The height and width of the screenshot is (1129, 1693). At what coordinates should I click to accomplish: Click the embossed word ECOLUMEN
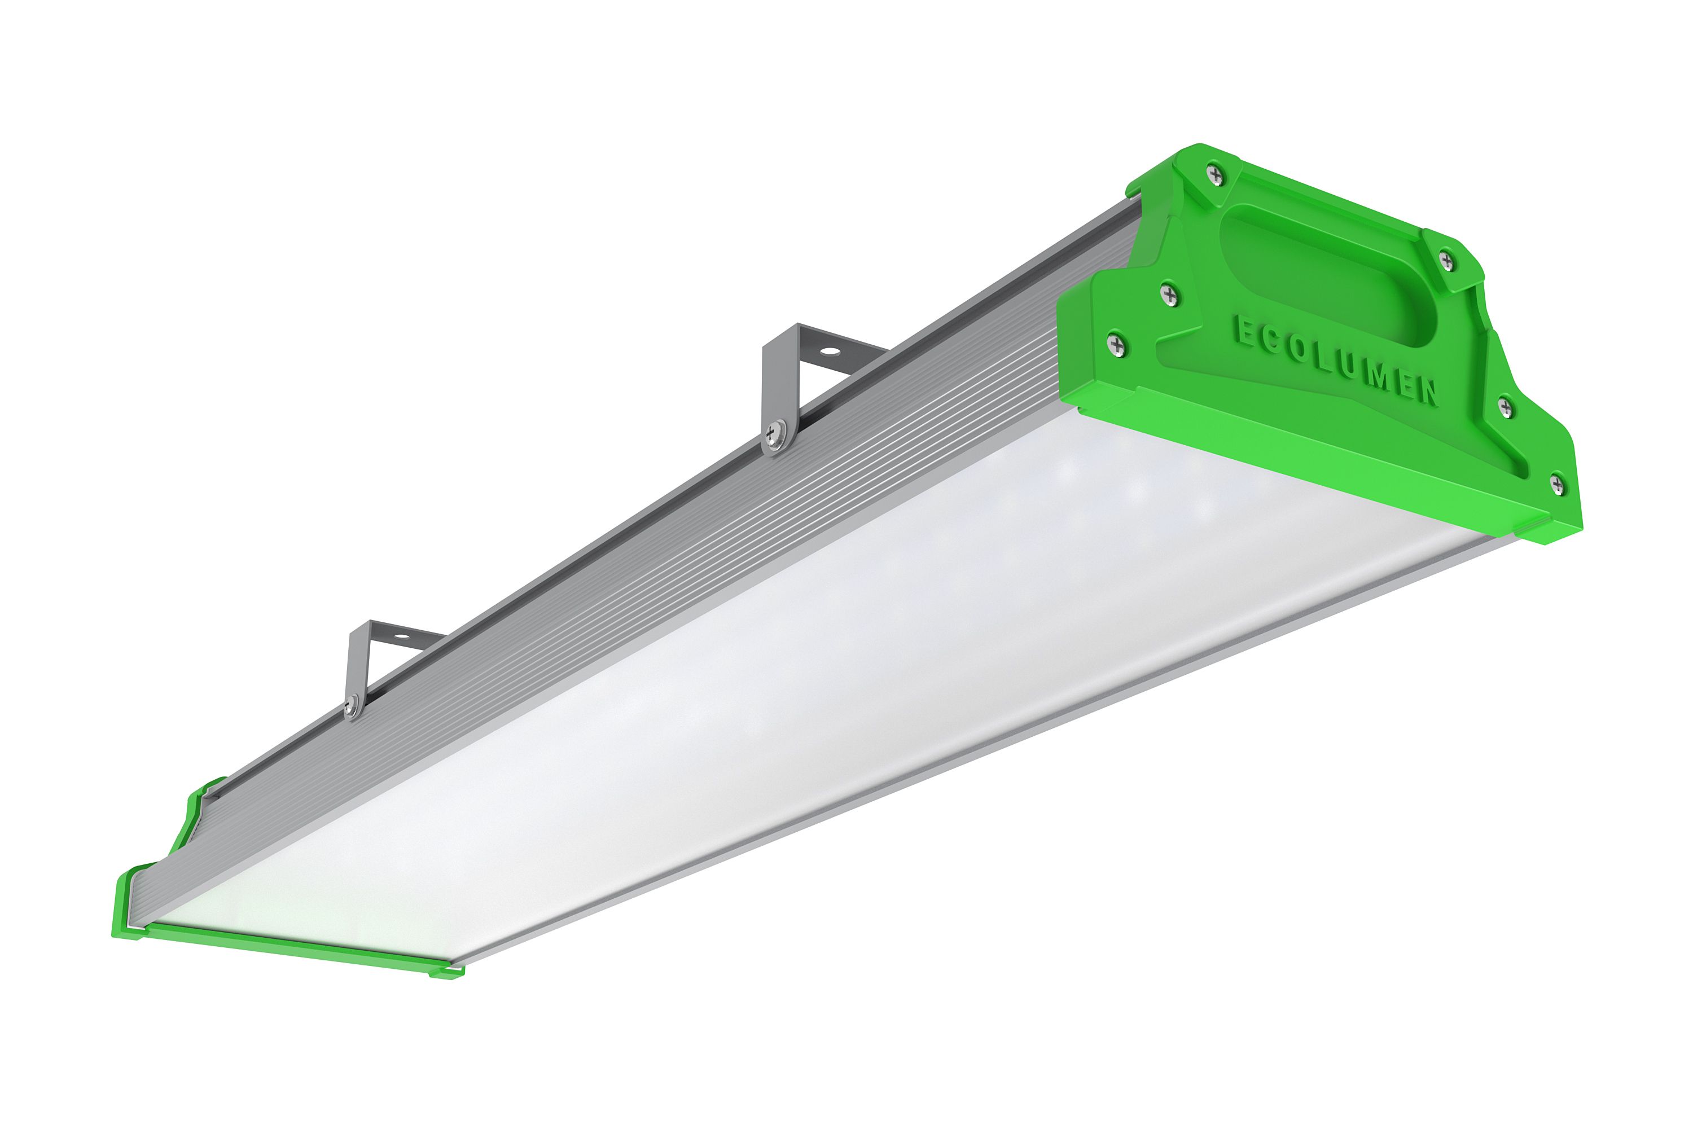[x=1336, y=359]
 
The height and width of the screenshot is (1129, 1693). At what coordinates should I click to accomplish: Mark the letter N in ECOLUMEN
[x=1427, y=393]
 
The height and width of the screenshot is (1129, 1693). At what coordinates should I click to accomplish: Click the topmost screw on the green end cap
[x=1215, y=174]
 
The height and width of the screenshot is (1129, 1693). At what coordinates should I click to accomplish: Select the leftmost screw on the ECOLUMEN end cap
[x=1116, y=346]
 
